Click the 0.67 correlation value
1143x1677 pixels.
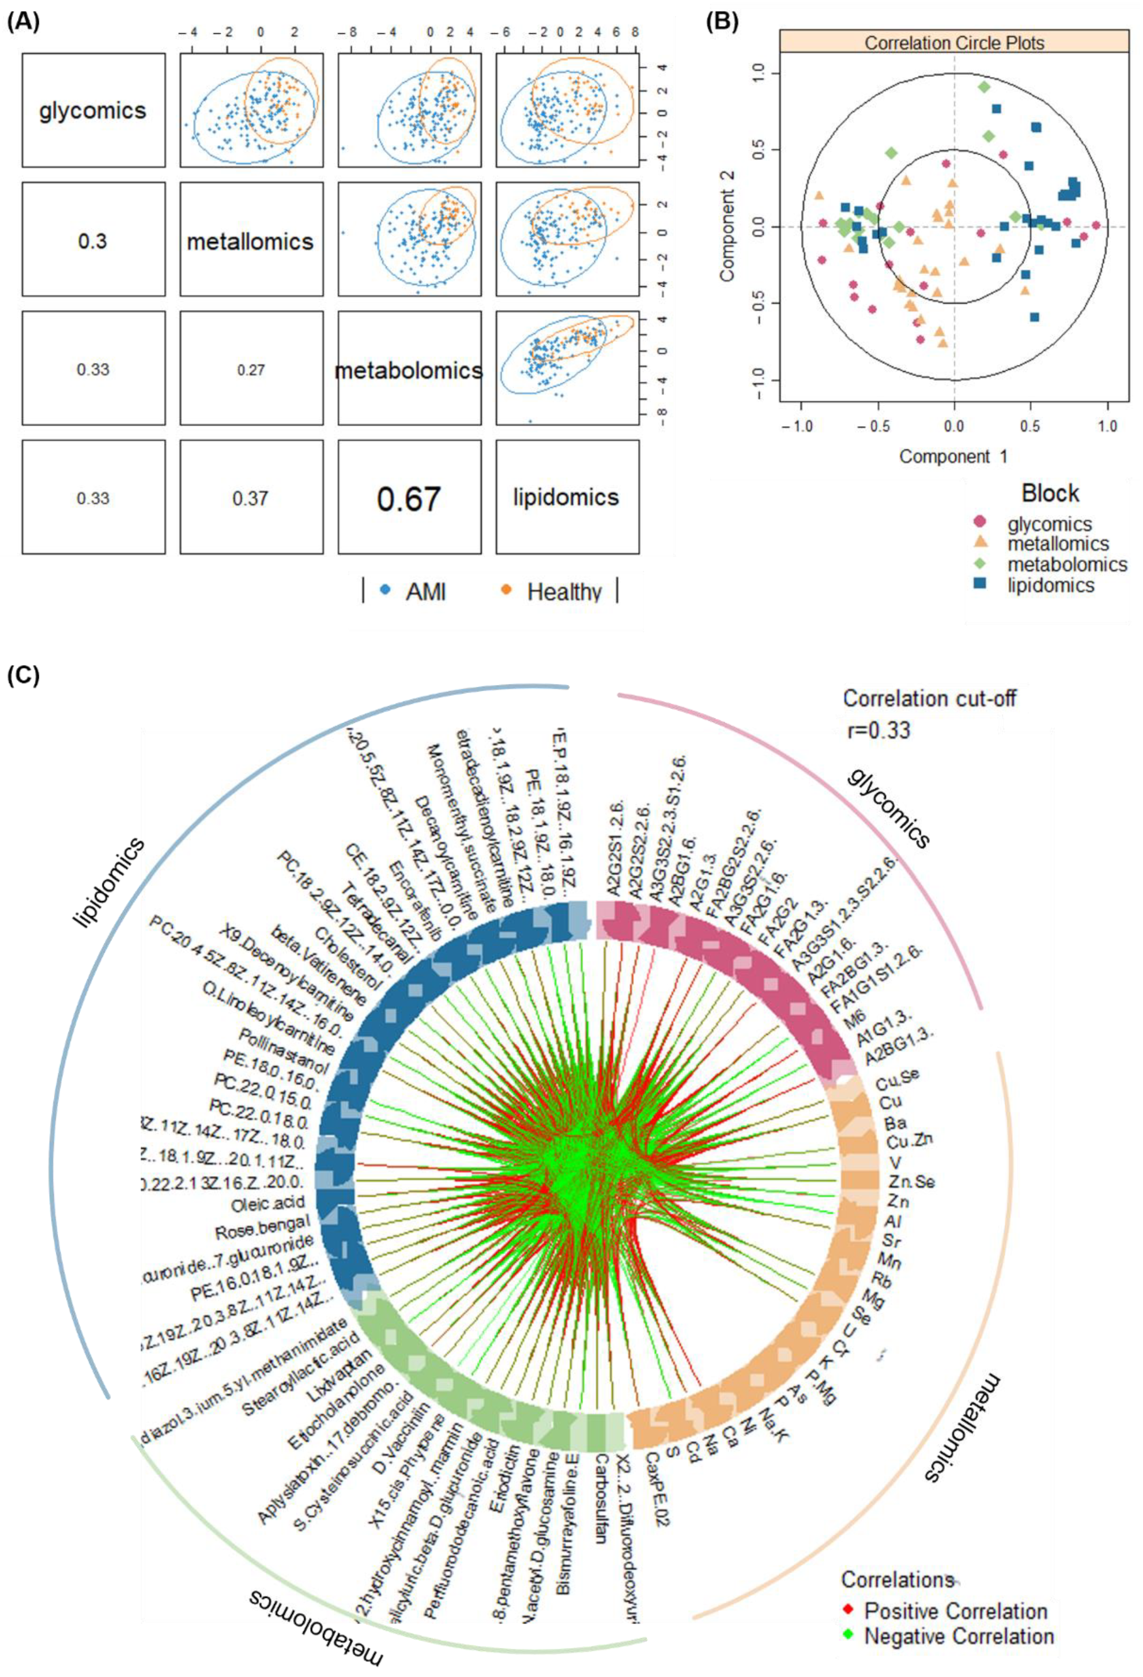pyautogui.click(x=408, y=499)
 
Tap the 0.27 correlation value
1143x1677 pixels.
pyautogui.click(x=250, y=370)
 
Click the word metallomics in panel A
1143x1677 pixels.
pyautogui.click(x=250, y=241)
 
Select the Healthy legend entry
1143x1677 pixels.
pyautogui.click(x=563, y=592)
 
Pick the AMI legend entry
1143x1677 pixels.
pyautogui.click(x=425, y=592)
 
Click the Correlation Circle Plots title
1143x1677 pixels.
pyautogui.click(x=954, y=42)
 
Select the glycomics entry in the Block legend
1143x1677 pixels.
pyautogui.click(x=1049, y=524)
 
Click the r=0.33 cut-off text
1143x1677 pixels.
pyautogui.click(x=879, y=730)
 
